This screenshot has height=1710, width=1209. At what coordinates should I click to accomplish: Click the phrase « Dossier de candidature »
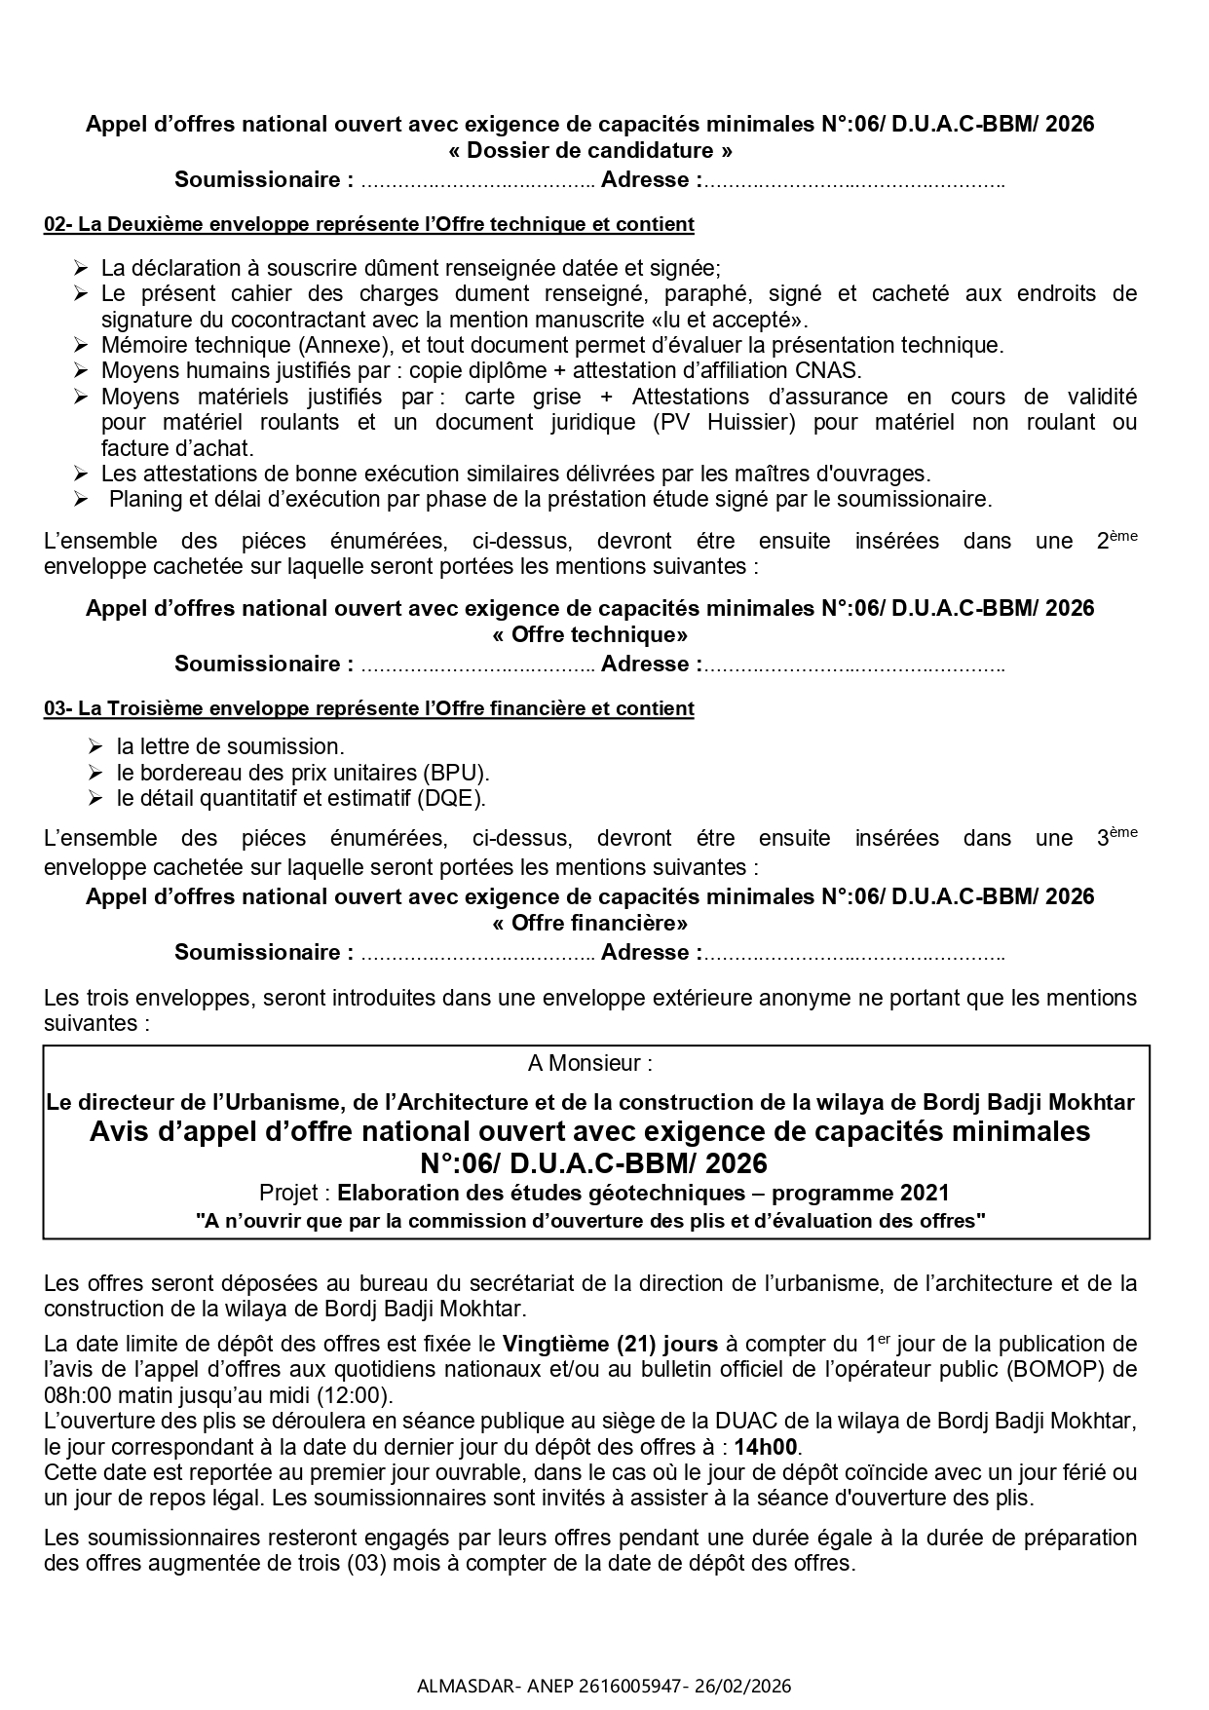point(590,151)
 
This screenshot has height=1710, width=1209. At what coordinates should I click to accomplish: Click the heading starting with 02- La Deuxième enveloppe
point(368,224)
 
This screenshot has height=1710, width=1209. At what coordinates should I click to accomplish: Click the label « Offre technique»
point(590,635)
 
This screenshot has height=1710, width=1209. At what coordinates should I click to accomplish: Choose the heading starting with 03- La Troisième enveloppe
point(368,708)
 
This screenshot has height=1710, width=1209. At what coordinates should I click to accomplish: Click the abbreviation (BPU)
point(455,773)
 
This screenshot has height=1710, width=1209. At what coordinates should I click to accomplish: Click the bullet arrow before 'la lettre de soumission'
point(94,746)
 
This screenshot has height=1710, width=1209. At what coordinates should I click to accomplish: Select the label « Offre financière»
point(590,923)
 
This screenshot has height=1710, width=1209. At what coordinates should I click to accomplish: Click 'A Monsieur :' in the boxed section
point(590,1063)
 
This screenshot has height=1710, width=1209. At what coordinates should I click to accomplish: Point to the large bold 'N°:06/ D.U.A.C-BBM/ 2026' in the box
point(594,1163)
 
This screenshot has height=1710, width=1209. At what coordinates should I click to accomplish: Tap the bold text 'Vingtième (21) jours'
point(610,1345)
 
